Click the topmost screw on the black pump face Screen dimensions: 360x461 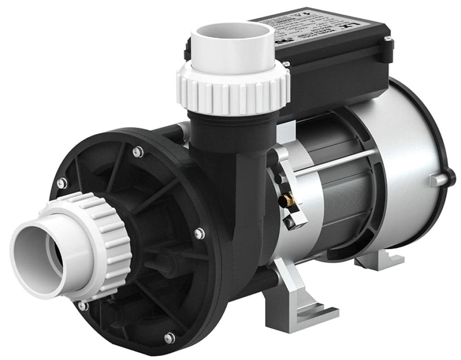pos(137,149)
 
